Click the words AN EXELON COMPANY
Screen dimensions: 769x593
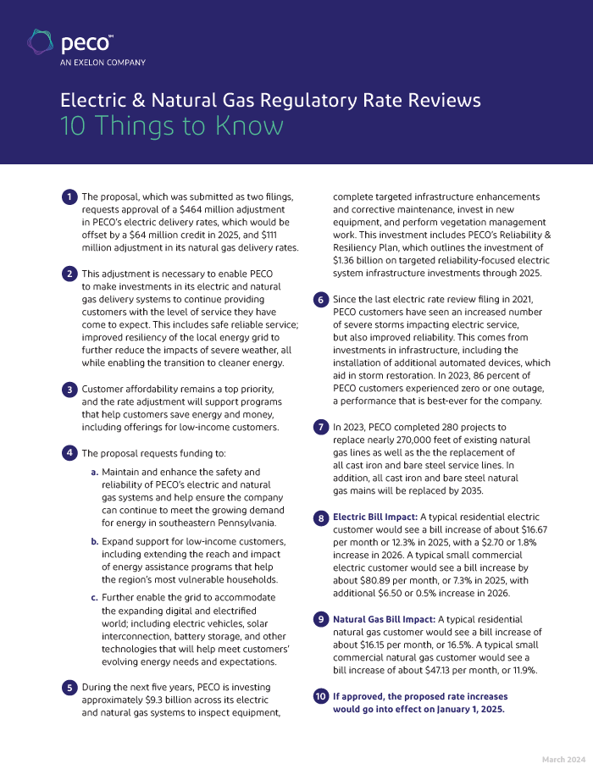pos(102,62)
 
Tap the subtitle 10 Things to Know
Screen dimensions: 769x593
pos(171,125)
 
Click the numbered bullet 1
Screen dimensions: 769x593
pos(69,197)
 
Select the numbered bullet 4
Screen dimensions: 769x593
pos(69,453)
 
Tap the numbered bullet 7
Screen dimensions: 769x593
pos(321,428)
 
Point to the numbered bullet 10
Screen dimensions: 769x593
pos(321,697)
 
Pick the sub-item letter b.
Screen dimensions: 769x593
pos(94,541)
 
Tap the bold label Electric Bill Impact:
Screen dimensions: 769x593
pos(373,517)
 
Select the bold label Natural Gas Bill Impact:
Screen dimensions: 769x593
pos(382,619)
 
